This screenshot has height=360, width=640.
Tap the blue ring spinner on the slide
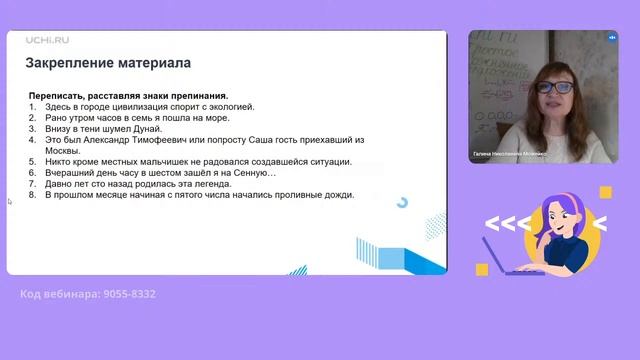click(x=402, y=202)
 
